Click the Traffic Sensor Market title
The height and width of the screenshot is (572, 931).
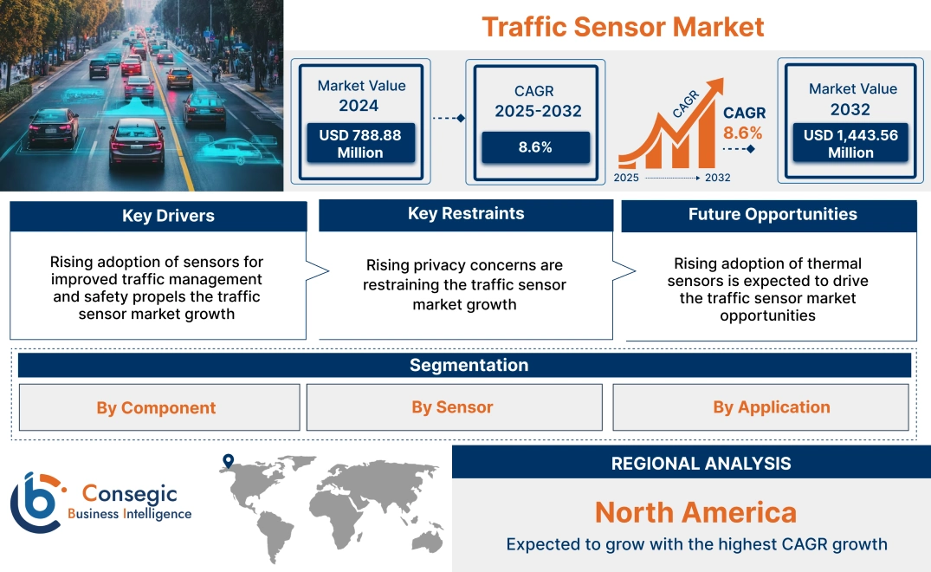coord(623,26)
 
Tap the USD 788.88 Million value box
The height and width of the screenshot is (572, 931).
coord(359,144)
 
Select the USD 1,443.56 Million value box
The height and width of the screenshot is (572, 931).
coord(850,144)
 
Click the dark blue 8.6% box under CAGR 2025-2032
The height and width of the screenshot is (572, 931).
coord(535,147)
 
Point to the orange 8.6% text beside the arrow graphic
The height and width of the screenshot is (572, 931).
coord(743,133)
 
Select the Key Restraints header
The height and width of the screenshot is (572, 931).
coord(466,214)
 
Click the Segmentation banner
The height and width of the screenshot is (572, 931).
coord(469,365)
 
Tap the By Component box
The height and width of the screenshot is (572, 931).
coord(157,407)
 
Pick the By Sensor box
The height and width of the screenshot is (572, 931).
coord(453,407)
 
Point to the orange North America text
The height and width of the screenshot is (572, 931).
coord(695,512)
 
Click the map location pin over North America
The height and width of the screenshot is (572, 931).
coord(228,461)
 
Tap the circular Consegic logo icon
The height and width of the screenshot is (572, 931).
coord(36,503)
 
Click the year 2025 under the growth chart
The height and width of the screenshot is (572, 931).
coord(628,178)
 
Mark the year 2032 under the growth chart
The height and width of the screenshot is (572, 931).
coord(717,178)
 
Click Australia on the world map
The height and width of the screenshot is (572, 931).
coord(427,539)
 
